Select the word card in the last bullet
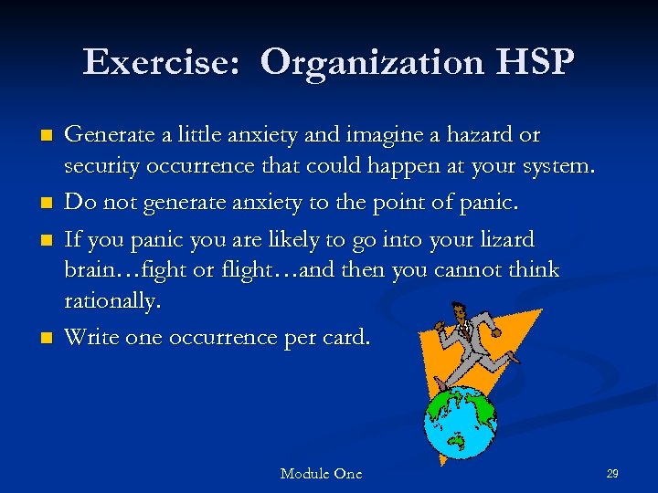click(x=349, y=338)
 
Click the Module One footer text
click(x=321, y=473)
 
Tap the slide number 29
click(x=612, y=473)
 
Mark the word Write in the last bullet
click(x=90, y=338)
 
